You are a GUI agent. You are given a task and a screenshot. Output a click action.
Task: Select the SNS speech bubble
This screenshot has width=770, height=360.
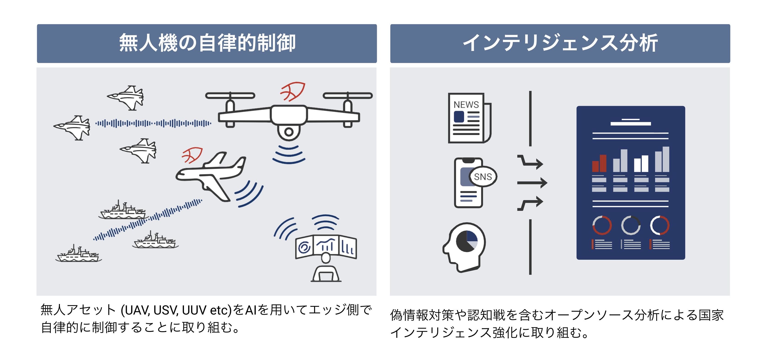pos(483,177)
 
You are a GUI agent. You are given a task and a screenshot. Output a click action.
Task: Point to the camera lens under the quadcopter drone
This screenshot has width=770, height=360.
pos(288,131)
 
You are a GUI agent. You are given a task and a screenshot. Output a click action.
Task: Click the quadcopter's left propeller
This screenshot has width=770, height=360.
pos(230,96)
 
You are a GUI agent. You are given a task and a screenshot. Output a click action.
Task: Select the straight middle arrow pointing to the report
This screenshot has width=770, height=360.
pos(532,183)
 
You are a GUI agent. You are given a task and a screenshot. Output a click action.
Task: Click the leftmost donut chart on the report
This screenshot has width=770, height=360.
pos(602,225)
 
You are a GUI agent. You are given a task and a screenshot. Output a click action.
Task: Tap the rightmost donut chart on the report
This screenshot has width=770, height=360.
pos(659,225)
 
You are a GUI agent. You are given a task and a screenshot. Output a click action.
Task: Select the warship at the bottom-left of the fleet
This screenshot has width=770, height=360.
pos(79,254)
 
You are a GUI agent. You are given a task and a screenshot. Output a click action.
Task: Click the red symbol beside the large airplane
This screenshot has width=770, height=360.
pos(192,155)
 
